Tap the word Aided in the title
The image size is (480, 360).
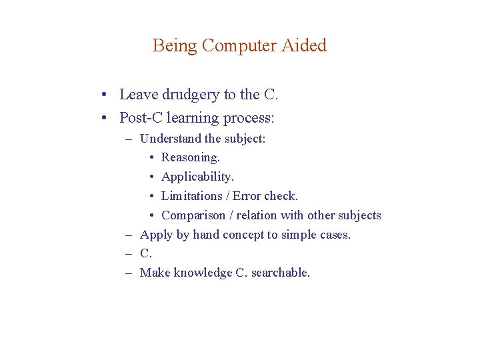(304, 45)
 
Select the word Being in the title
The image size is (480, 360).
(175, 45)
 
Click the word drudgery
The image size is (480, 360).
(186, 95)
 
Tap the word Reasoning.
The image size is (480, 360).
(191, 158)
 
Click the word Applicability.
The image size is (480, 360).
(198, 177)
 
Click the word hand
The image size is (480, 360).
(206, 235)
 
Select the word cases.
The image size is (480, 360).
(334, 235)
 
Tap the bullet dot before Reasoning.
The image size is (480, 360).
(153, 158)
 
